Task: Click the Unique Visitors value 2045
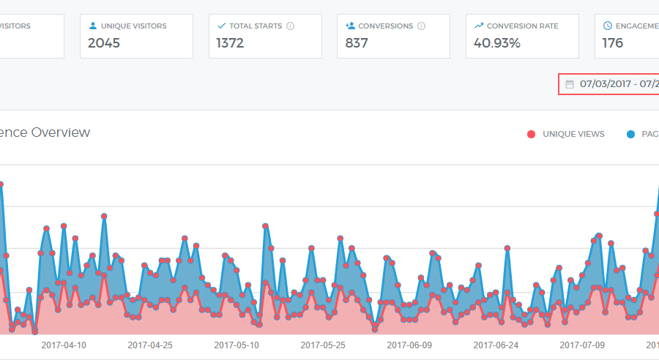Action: click(104, 43)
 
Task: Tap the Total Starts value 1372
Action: click(230, 43)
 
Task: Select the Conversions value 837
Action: click(357, 43)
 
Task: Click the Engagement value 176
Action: click(613, 43)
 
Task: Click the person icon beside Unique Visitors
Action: click(93, 26)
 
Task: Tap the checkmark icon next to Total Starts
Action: click(222, 26)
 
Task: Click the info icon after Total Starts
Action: click(290, 26)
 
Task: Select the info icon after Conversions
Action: click(421, 26)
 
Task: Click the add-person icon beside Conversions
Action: click(351, 26)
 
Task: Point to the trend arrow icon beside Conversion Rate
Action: click(479, 26)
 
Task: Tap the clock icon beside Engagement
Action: click(608, 26)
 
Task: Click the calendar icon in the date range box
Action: click(570, 84)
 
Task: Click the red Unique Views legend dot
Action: click(531, 134)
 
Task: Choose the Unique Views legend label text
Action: click(573, 134)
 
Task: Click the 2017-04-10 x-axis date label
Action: click(64, 344)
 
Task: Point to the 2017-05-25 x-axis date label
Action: click(323, 344)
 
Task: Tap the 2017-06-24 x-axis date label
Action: click(496, 344)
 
